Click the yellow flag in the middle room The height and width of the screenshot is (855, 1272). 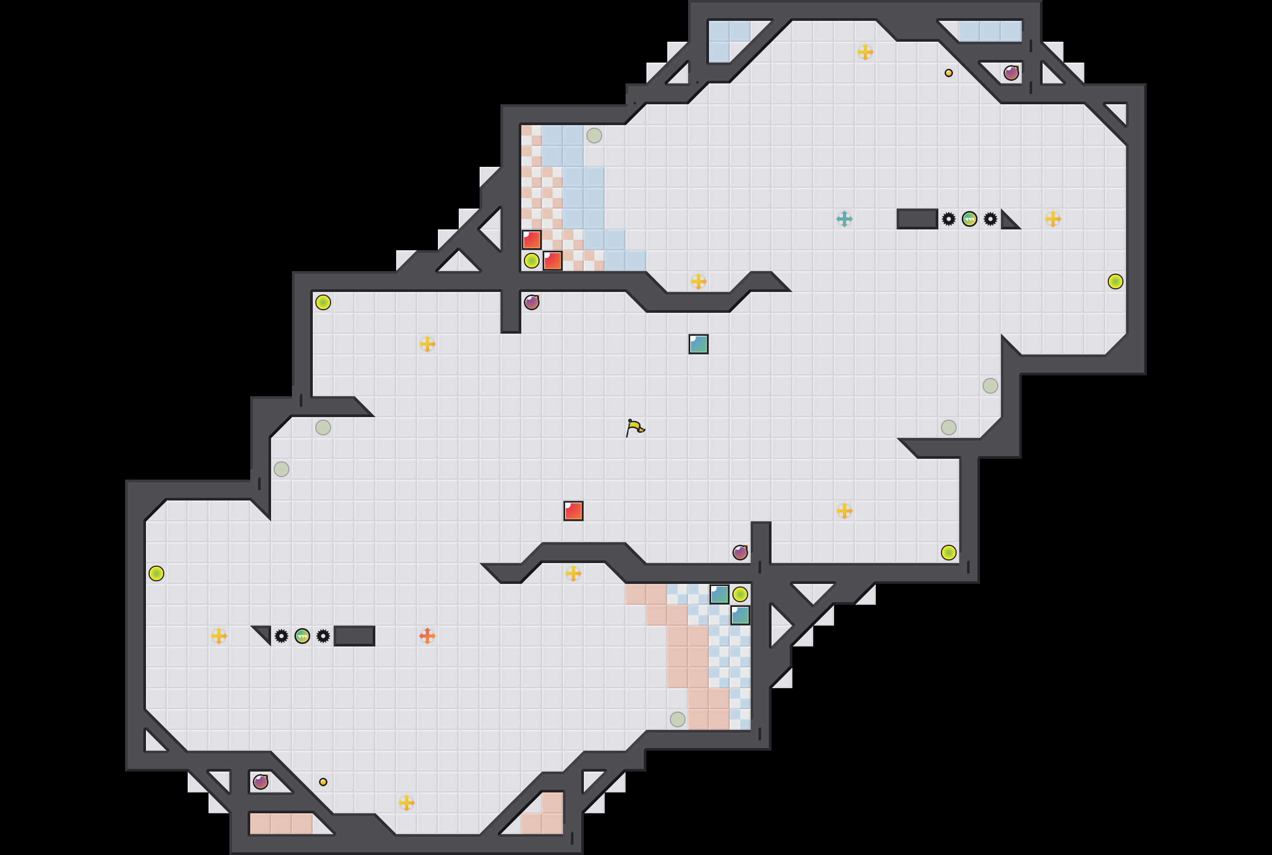click(635, 427)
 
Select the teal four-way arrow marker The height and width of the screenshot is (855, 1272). click(844, 219)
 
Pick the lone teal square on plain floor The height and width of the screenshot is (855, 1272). click(699, 344)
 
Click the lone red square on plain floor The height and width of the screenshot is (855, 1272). click(573, 511)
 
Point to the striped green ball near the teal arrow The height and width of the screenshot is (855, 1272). click(970, 219)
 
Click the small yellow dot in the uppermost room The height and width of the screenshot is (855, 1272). click(949, 73)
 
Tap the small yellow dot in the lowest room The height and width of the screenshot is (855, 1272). click(323, 782)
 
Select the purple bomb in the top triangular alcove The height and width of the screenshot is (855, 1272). click(1011, 73)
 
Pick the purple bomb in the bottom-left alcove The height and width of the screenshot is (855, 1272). click(261, 782)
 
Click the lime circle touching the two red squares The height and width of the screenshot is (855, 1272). click(532, 261)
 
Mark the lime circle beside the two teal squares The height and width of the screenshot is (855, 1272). click(740, 594)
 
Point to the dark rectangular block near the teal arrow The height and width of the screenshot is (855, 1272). click(917, 219)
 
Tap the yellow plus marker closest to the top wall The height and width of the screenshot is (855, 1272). click(865, 52)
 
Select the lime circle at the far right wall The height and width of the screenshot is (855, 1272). click(1116, 282)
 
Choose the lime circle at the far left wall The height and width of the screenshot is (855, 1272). click(156, 573)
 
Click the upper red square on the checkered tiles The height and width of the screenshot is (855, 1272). click(532, 240)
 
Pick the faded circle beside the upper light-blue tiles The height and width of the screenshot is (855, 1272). click(594, 136)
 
